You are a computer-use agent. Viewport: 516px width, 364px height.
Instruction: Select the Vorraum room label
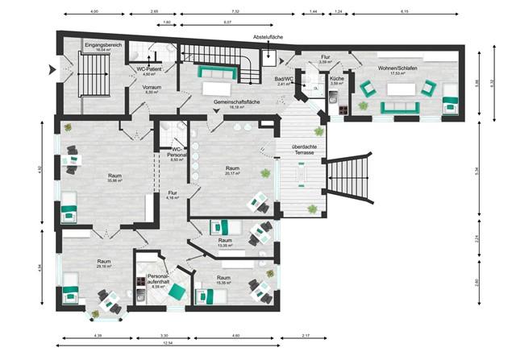coord(152,88)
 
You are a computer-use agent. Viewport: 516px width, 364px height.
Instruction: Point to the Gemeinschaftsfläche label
coord(236,103)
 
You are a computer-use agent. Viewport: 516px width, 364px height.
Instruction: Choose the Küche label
coord(338,80)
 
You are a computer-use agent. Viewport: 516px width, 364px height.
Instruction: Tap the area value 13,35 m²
coord(225,245)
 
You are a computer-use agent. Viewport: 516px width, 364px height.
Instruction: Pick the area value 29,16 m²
coord(104,266)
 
